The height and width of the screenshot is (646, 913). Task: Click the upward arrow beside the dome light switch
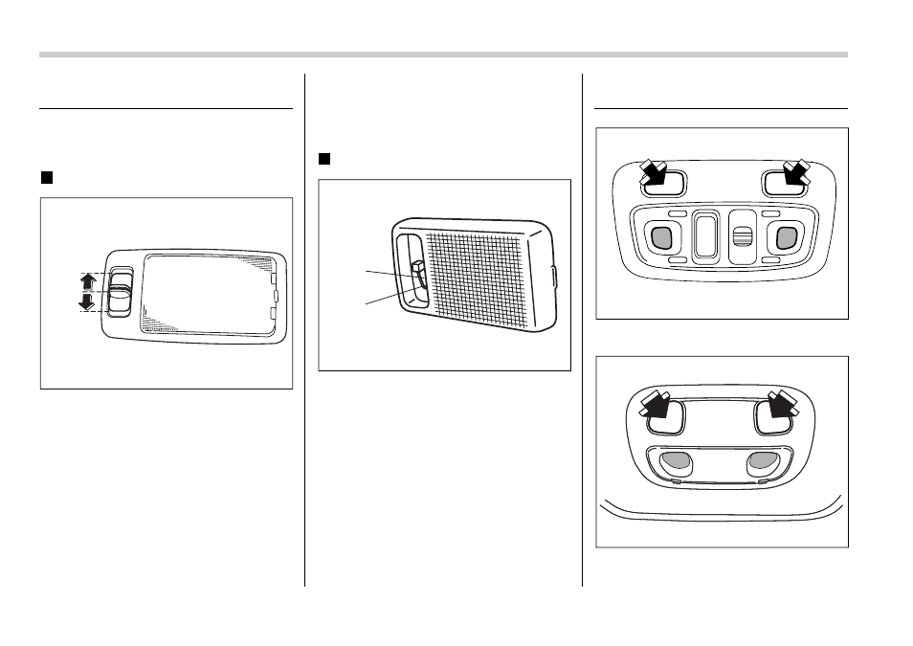pos(87,282)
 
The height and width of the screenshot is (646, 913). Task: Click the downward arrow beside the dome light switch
pos(87,302)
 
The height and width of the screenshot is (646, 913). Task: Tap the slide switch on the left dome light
pos(119,291)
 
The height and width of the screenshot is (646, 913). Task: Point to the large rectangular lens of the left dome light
pos(206,292)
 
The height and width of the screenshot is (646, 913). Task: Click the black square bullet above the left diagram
pos(45,177)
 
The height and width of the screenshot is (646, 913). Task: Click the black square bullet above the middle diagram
pos(323,158)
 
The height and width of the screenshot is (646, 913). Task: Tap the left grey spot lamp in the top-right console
pos(660,236)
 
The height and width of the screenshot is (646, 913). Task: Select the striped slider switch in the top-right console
pos(739,237)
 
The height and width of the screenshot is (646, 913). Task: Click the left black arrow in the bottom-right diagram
pos(657,406)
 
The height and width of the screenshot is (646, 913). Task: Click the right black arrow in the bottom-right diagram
pos(782,406)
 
